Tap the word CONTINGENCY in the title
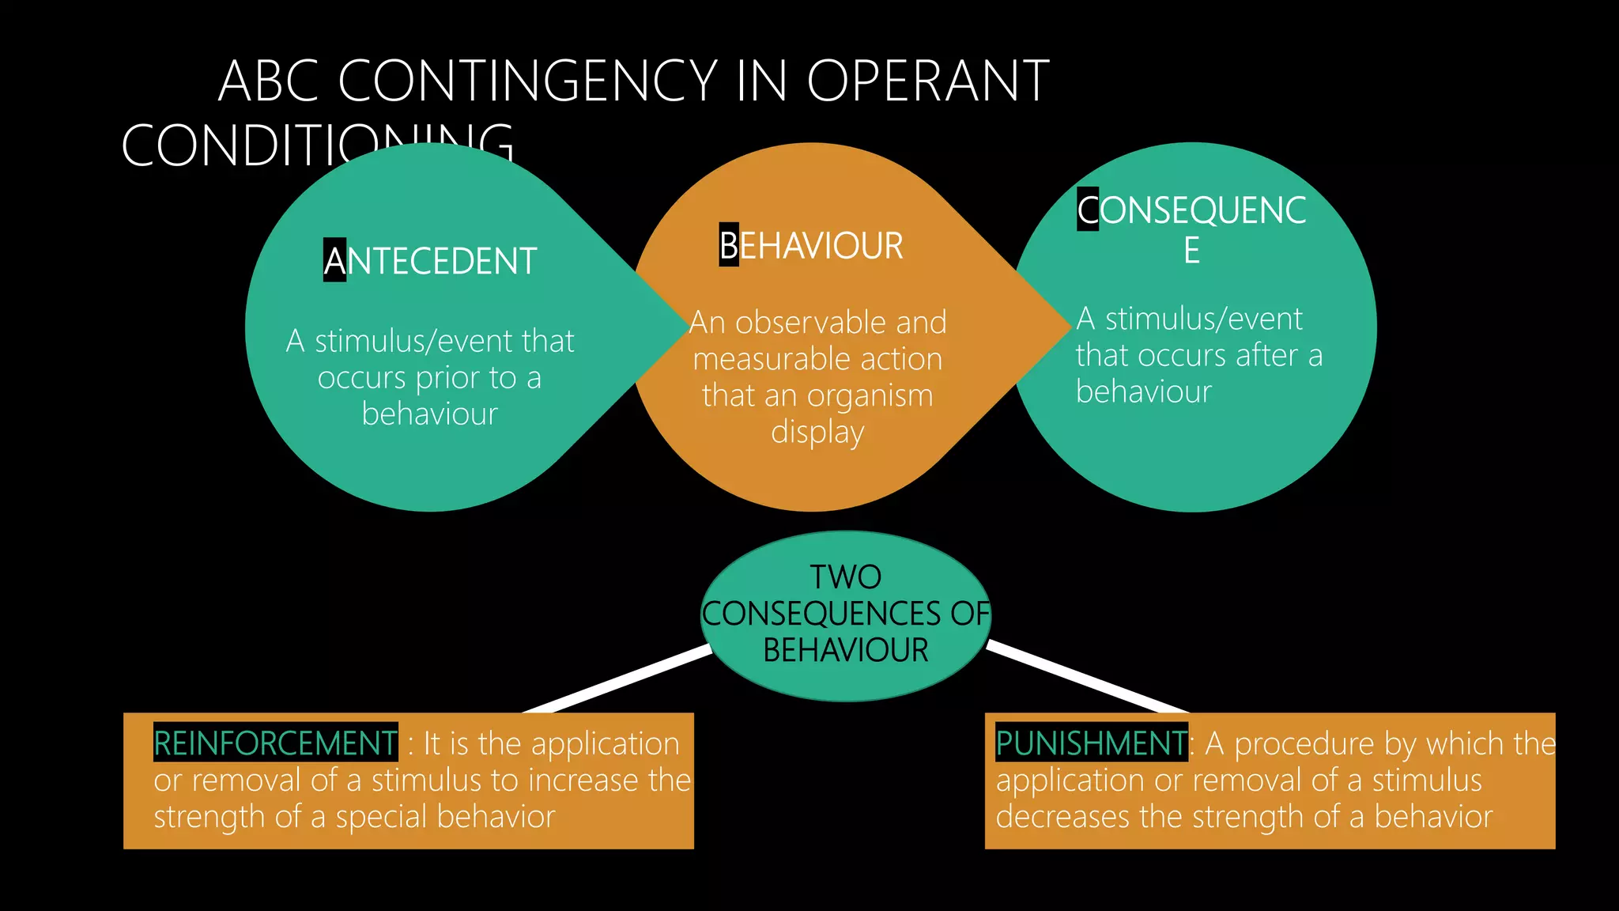[x=527, y=81]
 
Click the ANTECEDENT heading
[x=431, y=261]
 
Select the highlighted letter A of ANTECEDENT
[x=334, y=261]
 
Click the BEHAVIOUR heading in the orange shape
[x=811, y=245]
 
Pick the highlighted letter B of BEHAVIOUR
[x=728, y=245]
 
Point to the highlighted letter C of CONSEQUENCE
[x=1088, y=210]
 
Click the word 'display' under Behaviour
[x=817, y=433]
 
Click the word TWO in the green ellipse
[x=845, y=577]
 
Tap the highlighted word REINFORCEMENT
[x=275, y=743]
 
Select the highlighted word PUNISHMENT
[x=1090, y=743]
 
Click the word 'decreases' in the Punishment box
[x=1062, y=817]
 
